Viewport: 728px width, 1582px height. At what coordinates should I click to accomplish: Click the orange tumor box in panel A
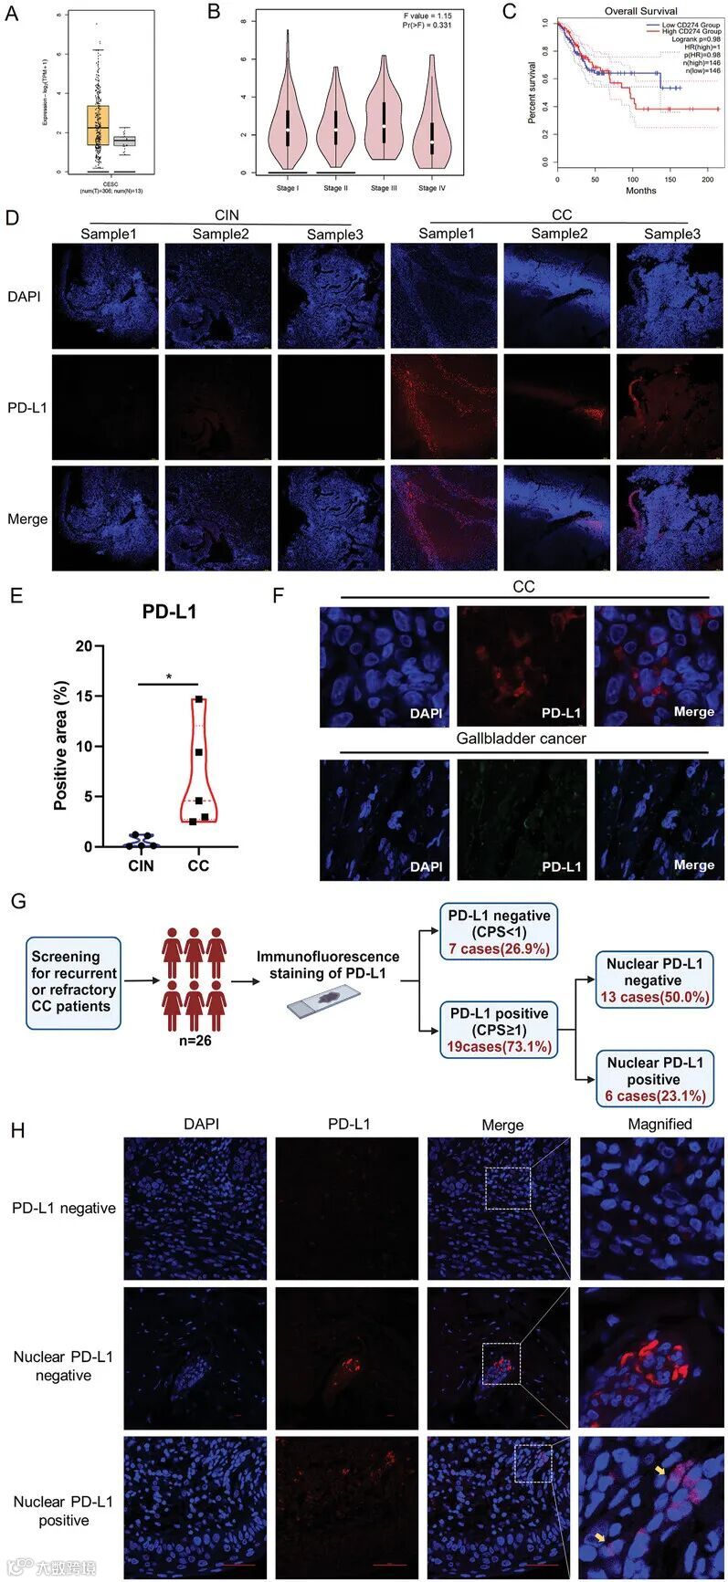tap(98, 125)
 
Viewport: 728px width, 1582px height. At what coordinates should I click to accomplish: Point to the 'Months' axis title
tap(640, 191)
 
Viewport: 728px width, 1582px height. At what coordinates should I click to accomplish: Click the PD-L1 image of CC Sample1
tap(444, 406)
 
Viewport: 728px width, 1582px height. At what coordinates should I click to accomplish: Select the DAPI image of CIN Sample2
tap(217, 295)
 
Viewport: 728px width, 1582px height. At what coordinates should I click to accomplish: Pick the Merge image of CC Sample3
tap(670, 519)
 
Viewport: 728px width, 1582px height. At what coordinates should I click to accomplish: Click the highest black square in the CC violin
tap(198, 700)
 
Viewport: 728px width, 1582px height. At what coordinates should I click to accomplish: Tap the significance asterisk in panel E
tap(168, 677)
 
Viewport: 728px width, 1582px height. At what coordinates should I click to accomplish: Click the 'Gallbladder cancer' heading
tap(522, 738)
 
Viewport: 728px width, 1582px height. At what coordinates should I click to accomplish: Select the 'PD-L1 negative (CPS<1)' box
tap(498, 931)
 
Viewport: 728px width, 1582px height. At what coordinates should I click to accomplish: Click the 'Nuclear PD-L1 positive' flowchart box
tap(654, 1078)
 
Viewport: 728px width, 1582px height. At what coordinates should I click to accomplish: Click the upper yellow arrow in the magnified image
tap(659, 1471)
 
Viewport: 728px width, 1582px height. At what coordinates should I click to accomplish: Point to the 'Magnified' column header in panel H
tap(659, 1124)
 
